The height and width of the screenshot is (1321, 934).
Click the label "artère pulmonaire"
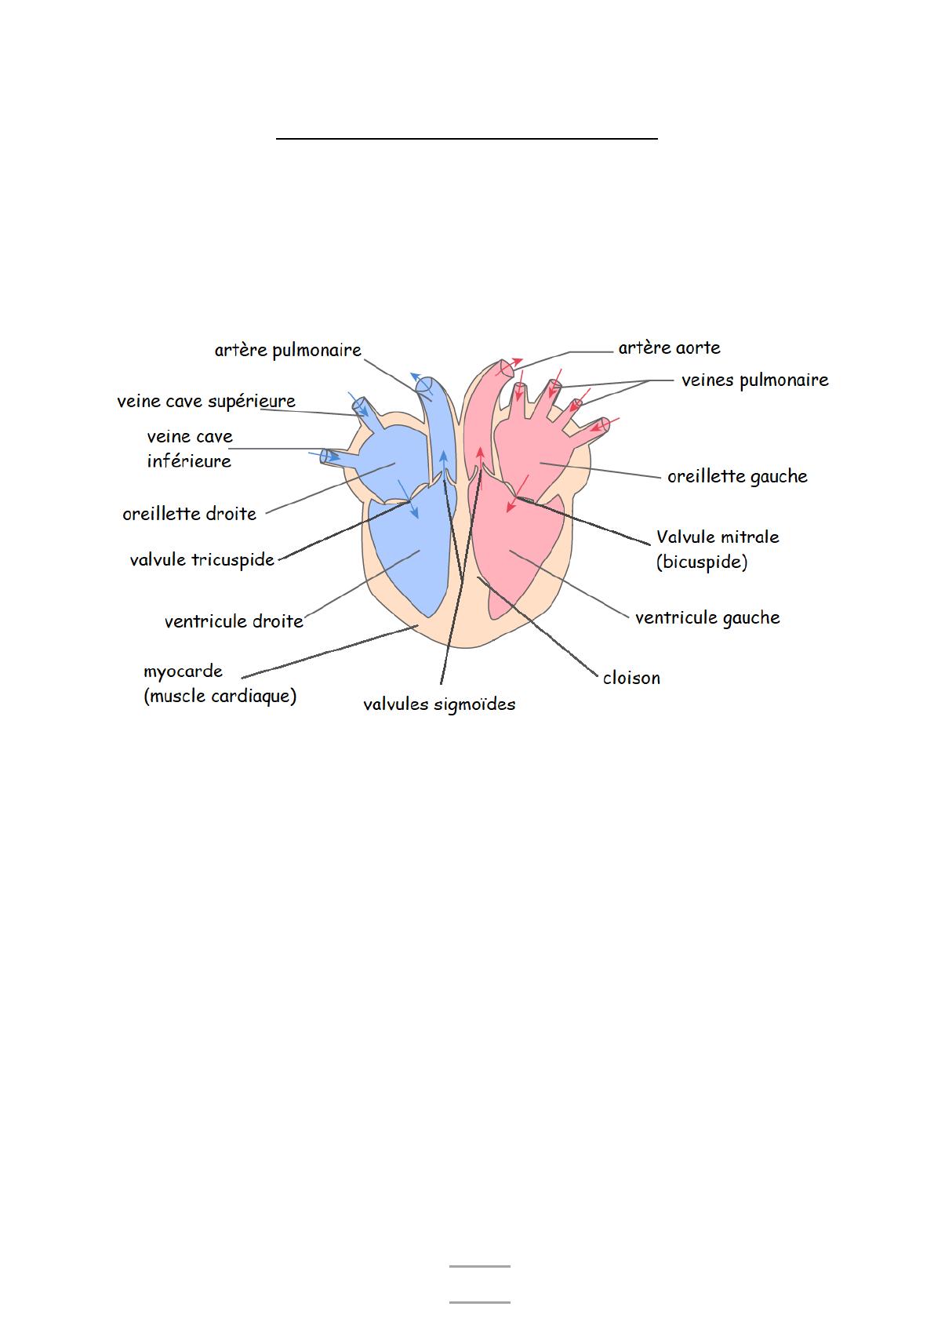288,351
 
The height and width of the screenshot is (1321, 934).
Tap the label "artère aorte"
669,348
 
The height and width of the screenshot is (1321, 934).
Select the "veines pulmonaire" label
754,380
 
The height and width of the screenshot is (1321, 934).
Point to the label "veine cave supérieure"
206,402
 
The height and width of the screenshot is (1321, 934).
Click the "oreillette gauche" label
737,477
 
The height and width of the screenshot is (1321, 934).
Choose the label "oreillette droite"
190,515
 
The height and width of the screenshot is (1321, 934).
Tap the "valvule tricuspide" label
202,560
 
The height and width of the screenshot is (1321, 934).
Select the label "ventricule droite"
234,622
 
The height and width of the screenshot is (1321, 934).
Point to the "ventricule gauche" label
707,618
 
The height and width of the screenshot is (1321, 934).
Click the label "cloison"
631,679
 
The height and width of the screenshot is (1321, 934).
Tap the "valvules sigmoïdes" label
439,704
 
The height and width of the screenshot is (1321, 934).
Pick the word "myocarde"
184,671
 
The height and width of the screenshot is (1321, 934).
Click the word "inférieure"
189,461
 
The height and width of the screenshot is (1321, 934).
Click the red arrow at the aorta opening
514,362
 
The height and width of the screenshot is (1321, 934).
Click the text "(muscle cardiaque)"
220,697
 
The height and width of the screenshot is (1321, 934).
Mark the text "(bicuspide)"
702,562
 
